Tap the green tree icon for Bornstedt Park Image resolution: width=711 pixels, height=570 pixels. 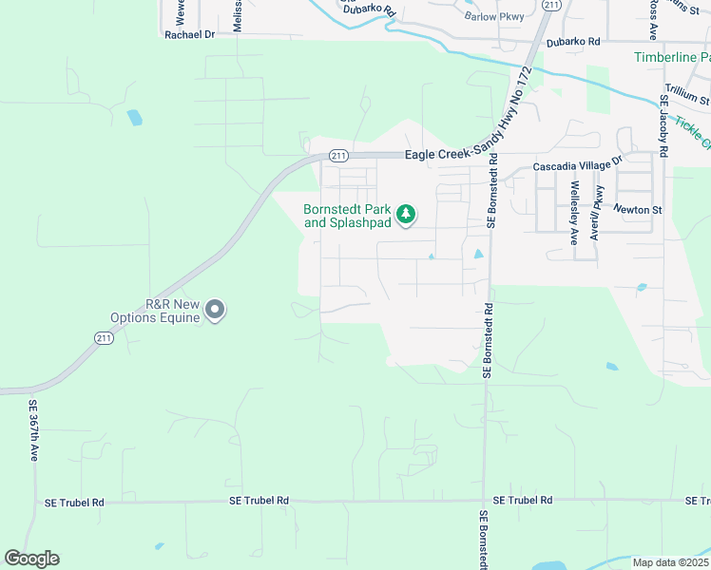coord(406,215)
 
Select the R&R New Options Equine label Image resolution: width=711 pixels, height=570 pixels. coord(172,311)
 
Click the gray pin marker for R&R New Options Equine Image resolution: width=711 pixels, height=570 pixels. coord(216,310)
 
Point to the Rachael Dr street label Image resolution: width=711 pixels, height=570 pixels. coord(190,33)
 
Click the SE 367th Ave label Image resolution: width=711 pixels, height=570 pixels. coord(32,430)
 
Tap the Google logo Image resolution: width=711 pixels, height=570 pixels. coord(31,559)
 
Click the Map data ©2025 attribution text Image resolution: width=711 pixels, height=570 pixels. coord(670,562)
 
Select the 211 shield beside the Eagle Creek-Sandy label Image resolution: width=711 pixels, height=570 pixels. coord(337,155)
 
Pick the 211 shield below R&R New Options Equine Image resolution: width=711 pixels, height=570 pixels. coord(103,337)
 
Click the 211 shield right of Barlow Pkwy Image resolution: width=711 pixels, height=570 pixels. coord(550,6)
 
